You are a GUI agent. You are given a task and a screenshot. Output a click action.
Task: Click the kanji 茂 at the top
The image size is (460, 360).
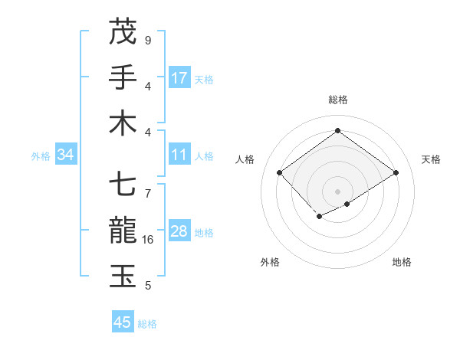click(x=123, y=32)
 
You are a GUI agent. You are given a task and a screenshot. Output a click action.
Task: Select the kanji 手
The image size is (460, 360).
click(x=123, y=78)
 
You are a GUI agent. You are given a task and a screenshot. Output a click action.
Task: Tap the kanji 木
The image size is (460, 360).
click(x=123, y=123)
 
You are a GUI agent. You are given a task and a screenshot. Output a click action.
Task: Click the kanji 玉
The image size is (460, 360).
click(x=123, y=277)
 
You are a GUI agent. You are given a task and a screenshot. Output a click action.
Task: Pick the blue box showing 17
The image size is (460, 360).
click(x=179, y=78)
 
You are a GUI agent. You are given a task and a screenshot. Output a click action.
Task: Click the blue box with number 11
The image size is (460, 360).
click(x=179, y=155)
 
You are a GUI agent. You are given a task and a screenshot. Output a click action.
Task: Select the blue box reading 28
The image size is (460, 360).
click(x=179, y=231)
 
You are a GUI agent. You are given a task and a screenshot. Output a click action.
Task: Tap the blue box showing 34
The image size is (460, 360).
click(x=66, y=155)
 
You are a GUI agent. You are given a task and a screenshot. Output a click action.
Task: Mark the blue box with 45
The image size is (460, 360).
click(x=123, y=322)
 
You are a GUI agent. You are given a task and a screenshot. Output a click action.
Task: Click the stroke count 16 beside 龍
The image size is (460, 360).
click(x=149, y=240)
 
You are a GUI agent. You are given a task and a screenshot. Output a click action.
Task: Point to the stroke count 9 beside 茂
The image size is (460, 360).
click(x=148, y=41)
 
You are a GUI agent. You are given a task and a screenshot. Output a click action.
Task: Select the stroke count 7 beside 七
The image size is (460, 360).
click(x=148, y=186)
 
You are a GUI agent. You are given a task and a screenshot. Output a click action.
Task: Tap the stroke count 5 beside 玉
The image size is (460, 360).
click(x=148, y=286)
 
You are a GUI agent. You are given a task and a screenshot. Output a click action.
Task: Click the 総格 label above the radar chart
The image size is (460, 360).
click(x=337, y=100)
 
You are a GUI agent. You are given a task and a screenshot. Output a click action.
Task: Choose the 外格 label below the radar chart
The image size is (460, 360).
click(x=270, y=262)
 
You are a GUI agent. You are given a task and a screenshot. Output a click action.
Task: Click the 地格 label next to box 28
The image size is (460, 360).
click(x=204, y=232)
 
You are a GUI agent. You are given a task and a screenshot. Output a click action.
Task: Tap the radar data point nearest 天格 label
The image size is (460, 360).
click(x=396, y=173)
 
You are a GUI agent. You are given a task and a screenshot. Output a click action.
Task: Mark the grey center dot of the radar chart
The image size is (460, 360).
click(x=337, y=190)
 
